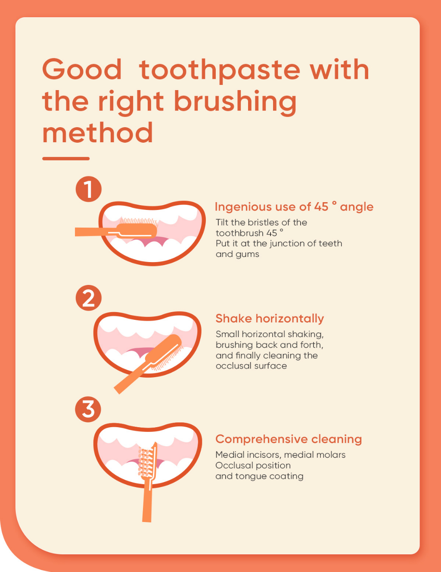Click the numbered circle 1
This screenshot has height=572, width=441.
point(89,189)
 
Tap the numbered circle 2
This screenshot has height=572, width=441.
point(89,298)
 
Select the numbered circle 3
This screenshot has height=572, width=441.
point(88,409)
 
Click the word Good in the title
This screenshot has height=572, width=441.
point(82,69)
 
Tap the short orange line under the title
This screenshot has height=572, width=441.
point(66,159)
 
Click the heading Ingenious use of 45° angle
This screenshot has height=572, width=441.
point(294,206)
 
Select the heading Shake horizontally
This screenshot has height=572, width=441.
point(270,318)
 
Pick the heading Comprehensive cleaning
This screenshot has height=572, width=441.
point(289,439)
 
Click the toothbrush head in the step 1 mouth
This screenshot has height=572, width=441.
point(137,231)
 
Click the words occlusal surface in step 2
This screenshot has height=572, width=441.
point(251,366)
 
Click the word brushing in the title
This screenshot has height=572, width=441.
point(235,103)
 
